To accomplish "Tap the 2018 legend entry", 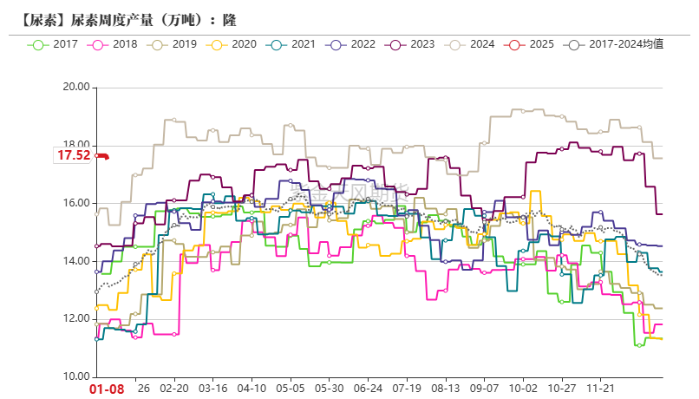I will pos(114,43).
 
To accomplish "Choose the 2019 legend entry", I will pos(174,43).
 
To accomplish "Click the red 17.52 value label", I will pos(74,156).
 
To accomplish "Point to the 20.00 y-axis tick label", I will pos(76,87).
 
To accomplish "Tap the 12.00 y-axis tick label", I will pos(76,319).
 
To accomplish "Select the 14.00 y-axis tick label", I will pos(76,261).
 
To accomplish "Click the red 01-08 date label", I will pos(108,389).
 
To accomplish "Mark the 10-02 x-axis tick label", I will pos(524,389).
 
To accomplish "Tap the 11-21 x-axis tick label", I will pos(602,389).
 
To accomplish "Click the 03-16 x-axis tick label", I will pos(213,389).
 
